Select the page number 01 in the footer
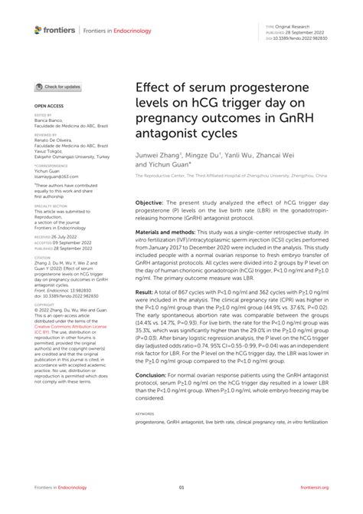pyautogui.click(x=181, y=488)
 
